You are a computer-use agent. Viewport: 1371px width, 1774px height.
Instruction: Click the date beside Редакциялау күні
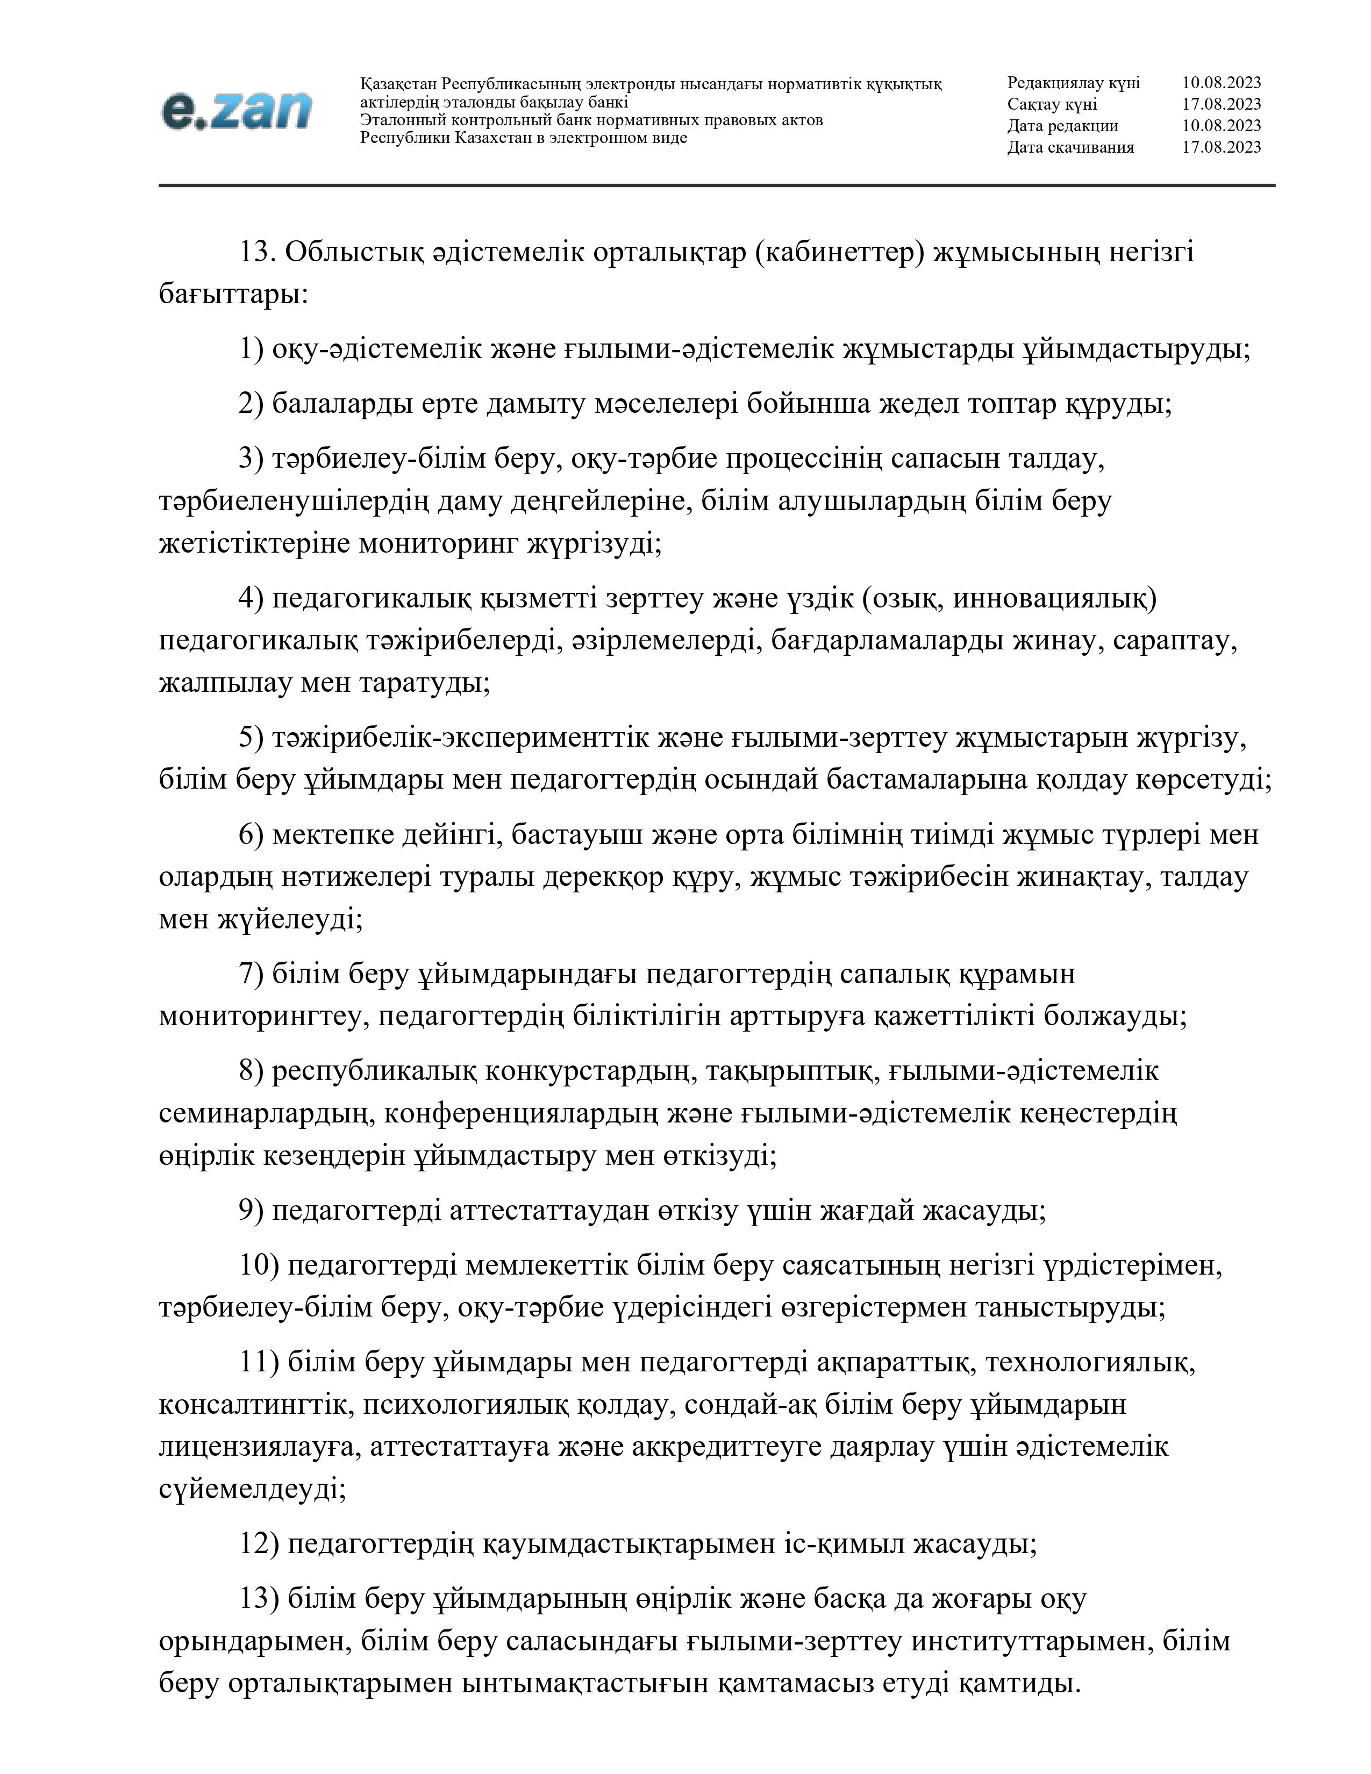click(1221, 83)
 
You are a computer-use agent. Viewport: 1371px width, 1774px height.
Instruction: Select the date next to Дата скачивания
click(1221, 147)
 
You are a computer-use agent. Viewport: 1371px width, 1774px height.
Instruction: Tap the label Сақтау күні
click(1052, 104)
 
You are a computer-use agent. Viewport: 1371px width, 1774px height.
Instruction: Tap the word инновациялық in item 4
click(1054, 599)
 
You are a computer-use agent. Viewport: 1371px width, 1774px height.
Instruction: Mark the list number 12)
click(259, 1543)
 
